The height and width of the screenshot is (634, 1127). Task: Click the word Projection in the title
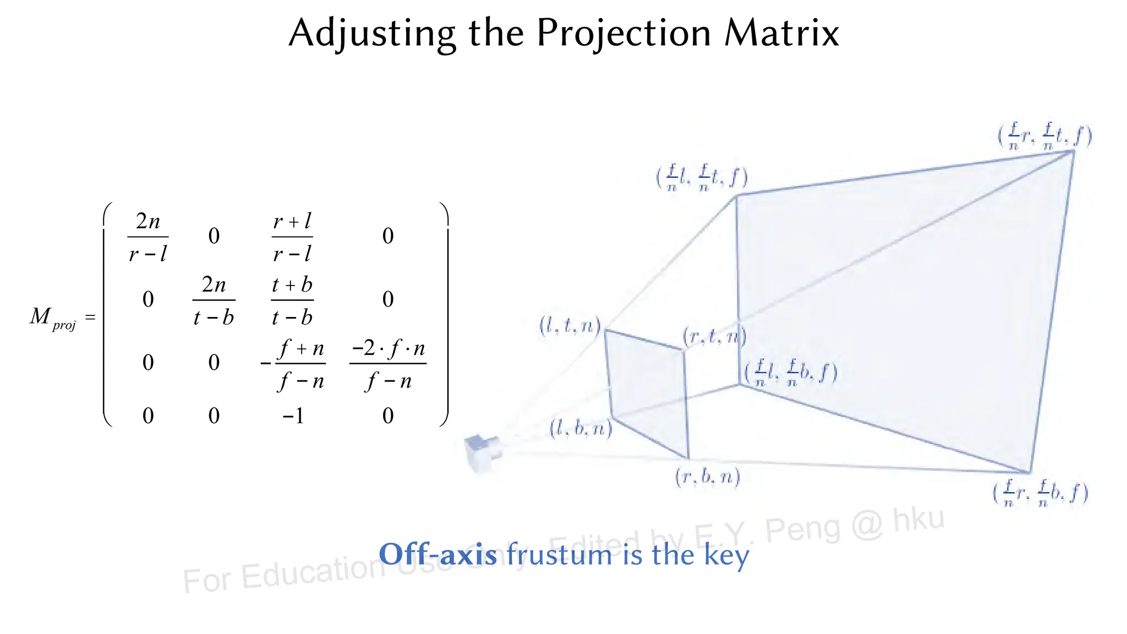pyautogui.click(x=624, y=33)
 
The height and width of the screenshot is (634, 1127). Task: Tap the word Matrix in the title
pyautogui.click(x=781, y=33)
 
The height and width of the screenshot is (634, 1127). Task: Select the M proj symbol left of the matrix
pyautogui.click(x=53, y=318)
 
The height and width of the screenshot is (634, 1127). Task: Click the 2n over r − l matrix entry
pyautogui.click(x=147, y=237)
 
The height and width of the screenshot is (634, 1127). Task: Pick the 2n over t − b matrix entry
pyautogui.click(x=214, y=300)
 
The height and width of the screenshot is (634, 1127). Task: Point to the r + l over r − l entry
pyautogui.click(x=292, y=237)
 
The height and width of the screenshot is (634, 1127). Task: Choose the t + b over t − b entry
pyautogui.click(x=292, y=300)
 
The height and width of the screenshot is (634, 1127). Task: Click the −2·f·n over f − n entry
pyautogui.click(x=388, y=364)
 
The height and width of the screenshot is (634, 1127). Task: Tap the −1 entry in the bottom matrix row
pyautogui.click(x=293, y=416)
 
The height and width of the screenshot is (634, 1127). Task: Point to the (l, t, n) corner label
pyautogui.click(x=570, y=326)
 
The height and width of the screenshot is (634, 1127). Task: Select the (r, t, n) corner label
pyautogui.click(x=714, y=336)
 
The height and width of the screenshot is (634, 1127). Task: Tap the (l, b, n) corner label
pyautogui.click(x=581, y=428)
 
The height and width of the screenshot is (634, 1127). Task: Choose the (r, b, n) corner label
pyautogui.click(x=708, y=477)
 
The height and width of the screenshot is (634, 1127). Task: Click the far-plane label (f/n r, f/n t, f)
pyautogui.click(x=1045, y=136)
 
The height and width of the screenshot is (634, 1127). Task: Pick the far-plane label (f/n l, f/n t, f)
pyautogui.click(x=702, y=177)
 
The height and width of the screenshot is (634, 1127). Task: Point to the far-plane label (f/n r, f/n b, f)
pyautogui.click(x=1041, y=493)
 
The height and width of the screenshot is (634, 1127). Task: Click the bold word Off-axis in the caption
pyautogui.click(x=438, y=554)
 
